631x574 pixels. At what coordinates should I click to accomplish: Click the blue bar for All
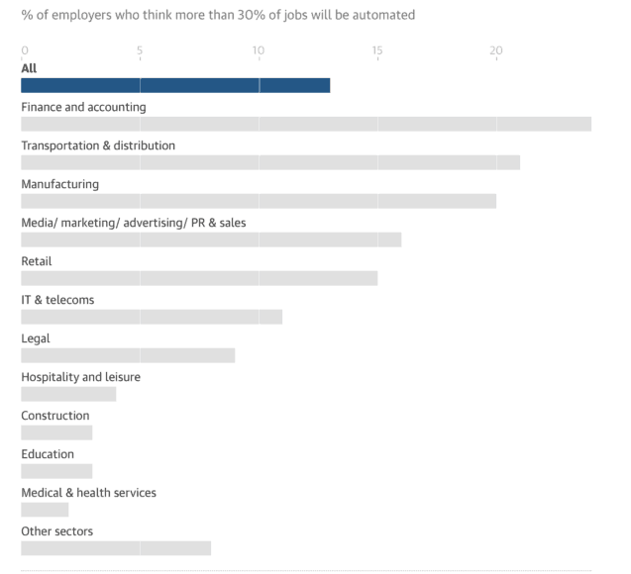175,85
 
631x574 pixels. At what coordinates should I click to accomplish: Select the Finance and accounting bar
306,124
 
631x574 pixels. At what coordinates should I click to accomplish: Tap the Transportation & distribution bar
270,162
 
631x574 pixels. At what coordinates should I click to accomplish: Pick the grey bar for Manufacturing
259,201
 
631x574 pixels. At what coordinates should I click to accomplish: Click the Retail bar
199,278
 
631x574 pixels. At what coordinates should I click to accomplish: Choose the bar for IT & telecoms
152,317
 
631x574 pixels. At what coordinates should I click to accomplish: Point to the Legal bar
128,355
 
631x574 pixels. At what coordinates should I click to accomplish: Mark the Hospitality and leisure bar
68,394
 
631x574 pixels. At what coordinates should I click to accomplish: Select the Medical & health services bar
45,510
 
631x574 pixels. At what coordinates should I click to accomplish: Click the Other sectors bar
116,548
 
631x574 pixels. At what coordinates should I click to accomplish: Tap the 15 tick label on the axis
377,50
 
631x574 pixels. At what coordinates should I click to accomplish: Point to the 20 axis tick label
496,50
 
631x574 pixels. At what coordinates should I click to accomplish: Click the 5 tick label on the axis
140,50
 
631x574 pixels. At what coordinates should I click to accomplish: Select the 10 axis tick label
259,50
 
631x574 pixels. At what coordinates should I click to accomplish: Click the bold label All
29,68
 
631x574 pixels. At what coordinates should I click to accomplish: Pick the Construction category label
55,416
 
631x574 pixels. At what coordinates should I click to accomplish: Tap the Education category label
48,454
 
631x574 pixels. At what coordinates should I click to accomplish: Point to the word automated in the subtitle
385,15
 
